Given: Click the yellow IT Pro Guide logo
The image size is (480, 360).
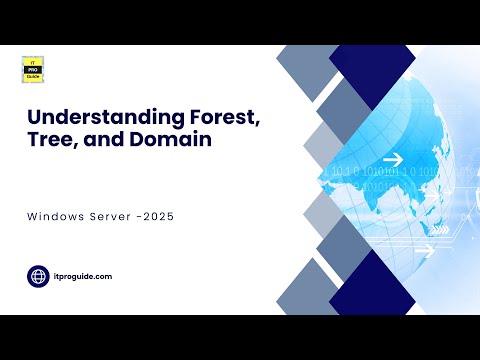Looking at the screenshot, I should point(32,69).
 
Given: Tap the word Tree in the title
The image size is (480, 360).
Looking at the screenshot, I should point(50,142).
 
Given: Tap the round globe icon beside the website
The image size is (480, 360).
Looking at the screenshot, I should point(39,276).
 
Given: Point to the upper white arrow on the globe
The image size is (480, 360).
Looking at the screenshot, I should point(392,159).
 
